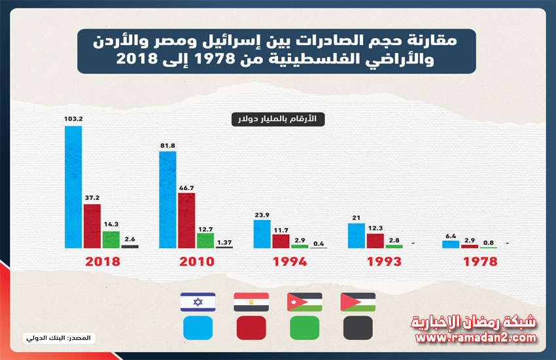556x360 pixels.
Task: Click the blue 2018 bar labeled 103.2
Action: pyautogui.click(x=73, y=187)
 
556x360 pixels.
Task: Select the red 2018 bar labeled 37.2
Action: pyautogui.click(x=92, y=226)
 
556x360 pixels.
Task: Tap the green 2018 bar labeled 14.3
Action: pyautogui.click(x=111, y=240)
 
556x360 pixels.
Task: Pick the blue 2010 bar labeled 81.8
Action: pyautogui.click(x=168, y=200)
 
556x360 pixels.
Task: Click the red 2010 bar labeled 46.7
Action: pyautogui.click(x=186, y=220)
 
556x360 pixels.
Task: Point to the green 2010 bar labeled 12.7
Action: pyautogui.click(x=205, y=240)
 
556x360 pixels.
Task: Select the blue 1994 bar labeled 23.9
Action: pyautogui.click(x=262, y=234)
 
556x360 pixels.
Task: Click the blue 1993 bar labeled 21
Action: pyautogui.click(x=356, y=236)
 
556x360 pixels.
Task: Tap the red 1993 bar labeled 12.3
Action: pyautogui.click(x=375, y=240)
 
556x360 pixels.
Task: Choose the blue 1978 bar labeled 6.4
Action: pyautogui.click(x=451, y=244)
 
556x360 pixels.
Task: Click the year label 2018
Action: pyautogui.click(x=103, y=261)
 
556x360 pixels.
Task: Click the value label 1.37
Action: pyautogui.click(x=224, y=242)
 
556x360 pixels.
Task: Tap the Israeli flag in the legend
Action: pyautogui.click(x=198, y=302)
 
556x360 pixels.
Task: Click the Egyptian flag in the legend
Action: pyautogui.click(x=251, y=302)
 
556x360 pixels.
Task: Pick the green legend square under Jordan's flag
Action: pyautogui.click(x=304, y=327)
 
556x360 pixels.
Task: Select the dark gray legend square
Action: pyautogui.click(x=358, y=327)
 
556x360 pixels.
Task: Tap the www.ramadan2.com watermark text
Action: pyautogui.click(x=476, y=338)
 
